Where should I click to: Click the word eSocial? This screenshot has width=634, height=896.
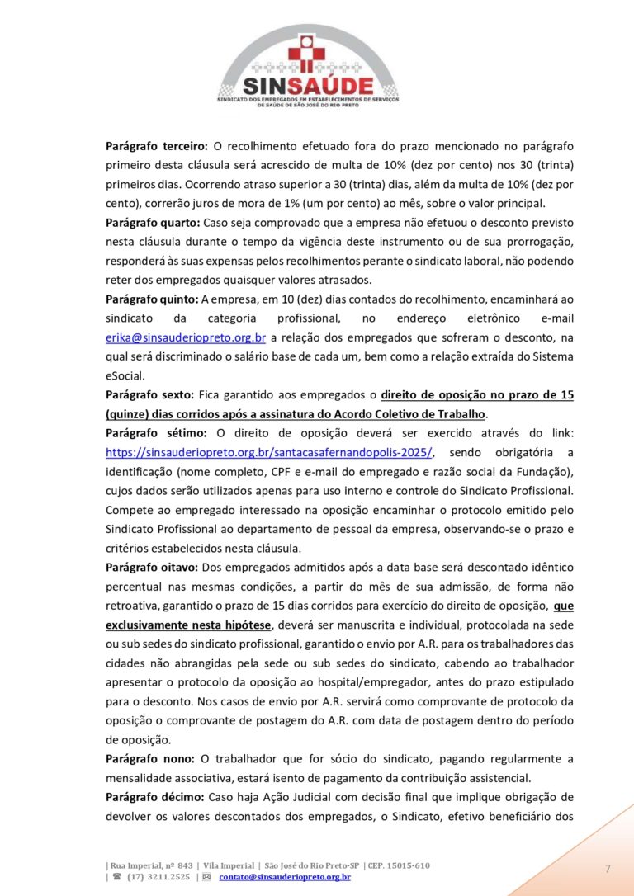pyautogui.click(x=125, y=375)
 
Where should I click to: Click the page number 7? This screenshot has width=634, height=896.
pyautogui.click(x=608, y=869)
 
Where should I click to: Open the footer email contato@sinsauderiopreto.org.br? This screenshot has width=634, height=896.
pyautogui.click(x=285, y=877)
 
